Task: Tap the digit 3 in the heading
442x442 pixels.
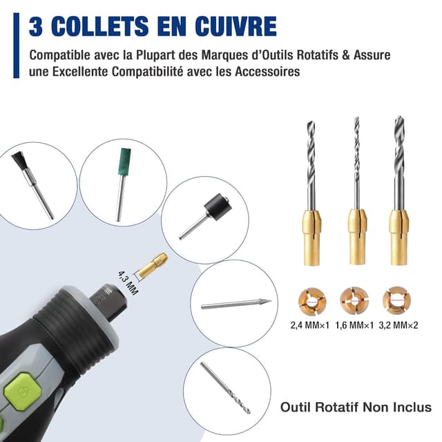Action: [36, 26]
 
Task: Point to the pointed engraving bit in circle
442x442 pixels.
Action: [234, 302]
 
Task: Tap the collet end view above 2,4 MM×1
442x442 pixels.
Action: [310, 299]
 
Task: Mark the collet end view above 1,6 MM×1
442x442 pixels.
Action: [353, 299]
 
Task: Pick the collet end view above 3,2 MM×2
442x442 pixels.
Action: [396, 299]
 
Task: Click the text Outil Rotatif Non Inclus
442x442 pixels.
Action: [355, 407]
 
